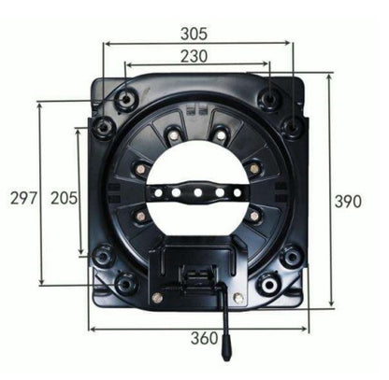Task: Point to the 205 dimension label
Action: [64, 198]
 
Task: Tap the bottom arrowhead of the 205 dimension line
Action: [80, 255]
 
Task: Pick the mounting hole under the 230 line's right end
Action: [269, 96]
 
